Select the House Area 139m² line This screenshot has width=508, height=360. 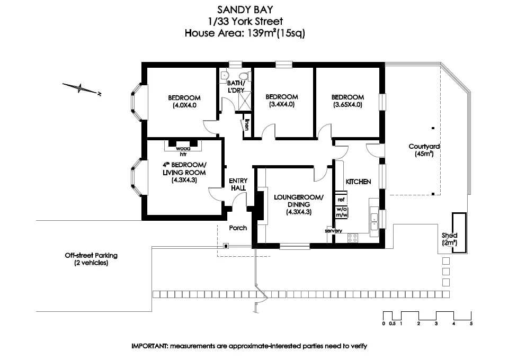pyautogui.click(x=244, y=33)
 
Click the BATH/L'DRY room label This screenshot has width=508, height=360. pyautogui.click(x=236, y=87)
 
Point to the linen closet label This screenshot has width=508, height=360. pyautogui.click(x=246, y=125)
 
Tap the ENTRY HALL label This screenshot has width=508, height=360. pyautogui.click(x=238, y=184)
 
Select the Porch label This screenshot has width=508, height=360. pyautogui.click(x=238, y=228)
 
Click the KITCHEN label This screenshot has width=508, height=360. pyautogui.click(x=358, y=182)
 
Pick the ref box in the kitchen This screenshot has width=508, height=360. pyautogui.click(x=341, y=200)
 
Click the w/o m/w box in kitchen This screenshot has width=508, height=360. pyautogui.click(x=341, y=212)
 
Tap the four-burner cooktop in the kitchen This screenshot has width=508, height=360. pyautogui.click(x=352, y=239)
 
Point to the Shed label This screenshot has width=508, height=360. pyautogui.click(x=450, y=235)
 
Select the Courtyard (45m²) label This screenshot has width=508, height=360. pyautogui.click(x=424, y=150)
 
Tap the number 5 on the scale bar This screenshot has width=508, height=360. pyautogui.click(x=471, y=323)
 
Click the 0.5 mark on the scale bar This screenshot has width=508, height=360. pyautogui.click(x=392, y=323)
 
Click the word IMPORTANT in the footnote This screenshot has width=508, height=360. pyautogui.click(x=149, y=346)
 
